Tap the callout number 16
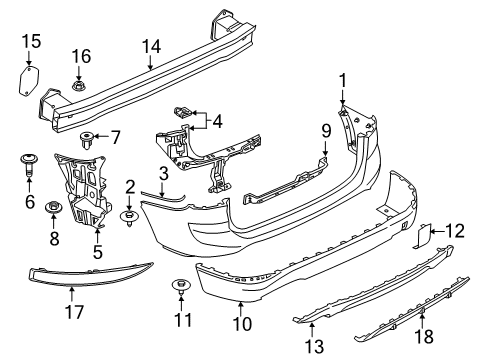coord(79,55)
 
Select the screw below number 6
coord(27,160)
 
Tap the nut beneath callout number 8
coord(53,206)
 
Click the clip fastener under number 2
coord(130,215)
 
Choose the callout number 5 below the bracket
coord(98,253)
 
